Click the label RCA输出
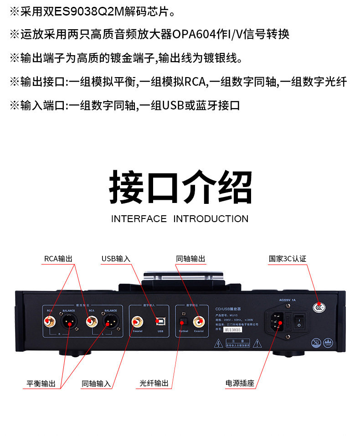tap(58, 259)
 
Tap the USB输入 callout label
tap(116, 259)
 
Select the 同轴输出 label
tap(190, 259)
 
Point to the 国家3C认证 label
tap(287, 259)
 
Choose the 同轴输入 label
tap(96, 384)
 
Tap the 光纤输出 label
tap(154, 384)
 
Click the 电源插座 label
tap(240, 384)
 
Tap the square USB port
tap(160, 321)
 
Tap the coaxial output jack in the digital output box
tap(199, 321)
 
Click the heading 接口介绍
tap(180, 187)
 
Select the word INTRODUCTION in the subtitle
tap(211, 219)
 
